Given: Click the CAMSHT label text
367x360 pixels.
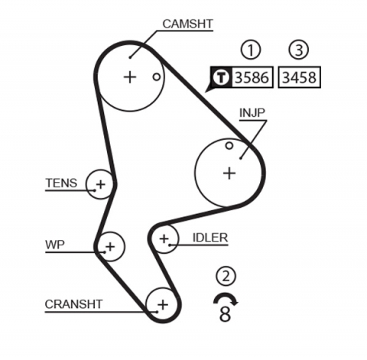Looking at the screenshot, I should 188,24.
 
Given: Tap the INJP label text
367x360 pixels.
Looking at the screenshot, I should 253,113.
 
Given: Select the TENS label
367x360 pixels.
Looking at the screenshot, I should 60,183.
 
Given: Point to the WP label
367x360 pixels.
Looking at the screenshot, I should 55,245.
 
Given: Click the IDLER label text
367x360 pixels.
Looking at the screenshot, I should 209,238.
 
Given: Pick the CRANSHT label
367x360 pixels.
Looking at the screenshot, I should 73,303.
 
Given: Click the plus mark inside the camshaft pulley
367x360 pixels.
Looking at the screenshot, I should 129,76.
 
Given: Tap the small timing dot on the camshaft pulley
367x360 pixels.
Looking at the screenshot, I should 156,76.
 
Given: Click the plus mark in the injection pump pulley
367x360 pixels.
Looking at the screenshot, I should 229,173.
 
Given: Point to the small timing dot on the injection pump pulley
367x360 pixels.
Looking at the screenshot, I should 229,145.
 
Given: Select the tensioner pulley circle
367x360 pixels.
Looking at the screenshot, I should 100,184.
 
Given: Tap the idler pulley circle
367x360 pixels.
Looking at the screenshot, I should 163,240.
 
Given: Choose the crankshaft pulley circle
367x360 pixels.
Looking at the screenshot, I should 161,303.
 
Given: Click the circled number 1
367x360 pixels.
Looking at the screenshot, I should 250,50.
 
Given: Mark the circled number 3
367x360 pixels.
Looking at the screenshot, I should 299,50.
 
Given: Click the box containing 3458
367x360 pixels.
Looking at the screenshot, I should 299,77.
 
